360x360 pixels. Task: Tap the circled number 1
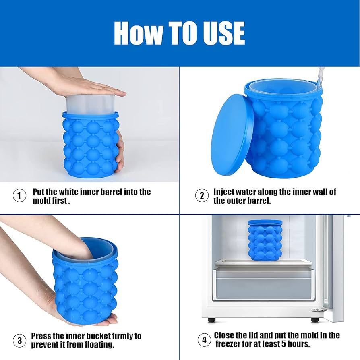(x=19, y=196)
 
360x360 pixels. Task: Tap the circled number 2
(x=202, y=196)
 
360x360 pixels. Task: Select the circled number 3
(x=19, y=340)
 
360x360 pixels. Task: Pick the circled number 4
(x=204, y=340)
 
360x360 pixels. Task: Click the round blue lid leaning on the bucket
(x=232, y=134)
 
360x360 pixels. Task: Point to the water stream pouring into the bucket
(x=321, y=77)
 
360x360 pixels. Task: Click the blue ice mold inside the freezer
(x=265, y=240)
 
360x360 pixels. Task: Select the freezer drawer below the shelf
(x=263, y=284)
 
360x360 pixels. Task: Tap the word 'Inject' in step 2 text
(x=224, y=192)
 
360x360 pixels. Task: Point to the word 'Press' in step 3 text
(x=41, y=336)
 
